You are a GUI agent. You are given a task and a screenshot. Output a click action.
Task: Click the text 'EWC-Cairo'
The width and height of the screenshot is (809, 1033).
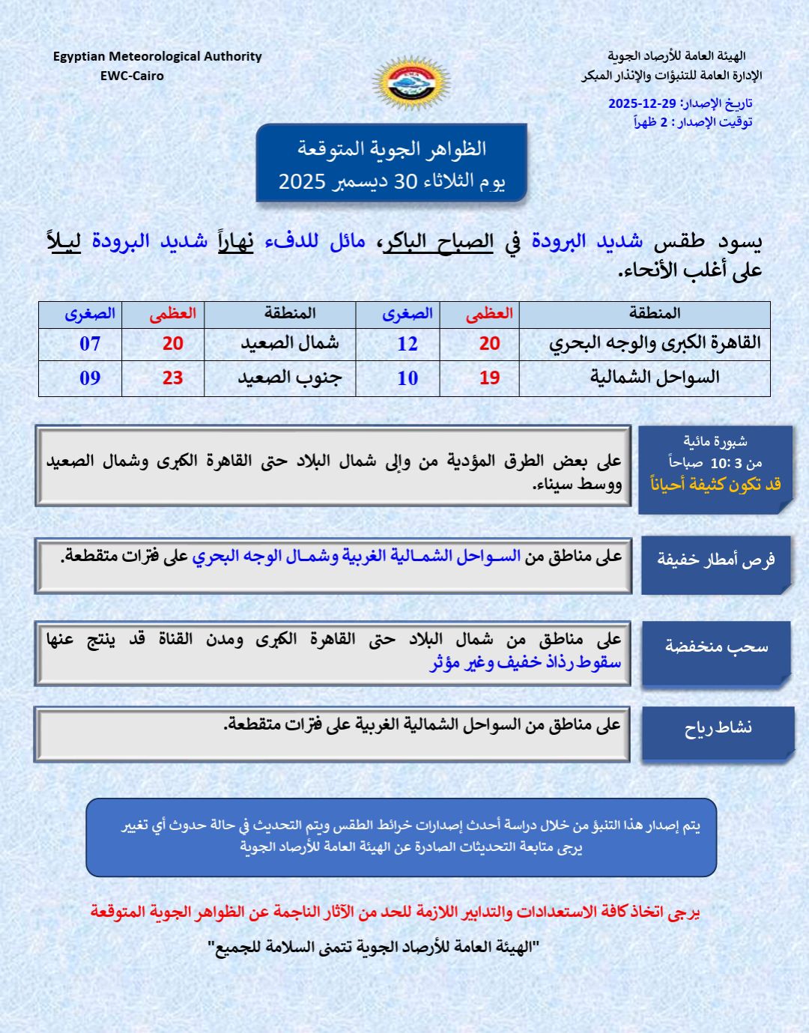pyautogui.click(x=132, y=76)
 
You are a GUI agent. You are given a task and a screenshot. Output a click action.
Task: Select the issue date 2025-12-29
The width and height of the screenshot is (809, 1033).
pyautogui.click(x=642, y=103)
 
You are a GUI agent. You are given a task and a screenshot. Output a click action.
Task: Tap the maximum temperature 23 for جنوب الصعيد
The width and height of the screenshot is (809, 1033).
pyautogui.click(x=172, y=378)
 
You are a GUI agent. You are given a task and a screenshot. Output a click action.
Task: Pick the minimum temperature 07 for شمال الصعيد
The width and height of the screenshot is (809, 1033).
pyautogui.click(x=90, y=344)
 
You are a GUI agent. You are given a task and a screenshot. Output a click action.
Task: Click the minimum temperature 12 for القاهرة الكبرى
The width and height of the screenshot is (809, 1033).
pyautogui.click(x=407, y=344)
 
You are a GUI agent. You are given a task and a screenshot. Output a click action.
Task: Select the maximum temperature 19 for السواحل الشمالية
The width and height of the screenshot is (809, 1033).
pyautogui.click(x=489, y=378)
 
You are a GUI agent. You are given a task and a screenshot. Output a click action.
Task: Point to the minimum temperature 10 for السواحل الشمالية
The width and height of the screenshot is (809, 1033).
pyautogui.click(x=407, y=378)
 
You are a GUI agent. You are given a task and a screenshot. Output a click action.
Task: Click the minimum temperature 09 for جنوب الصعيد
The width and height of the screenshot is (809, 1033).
pyautogui.click(x=90, y=378)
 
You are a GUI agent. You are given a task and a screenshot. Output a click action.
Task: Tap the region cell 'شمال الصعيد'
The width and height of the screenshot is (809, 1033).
pyautogui.click(x=289, y=343)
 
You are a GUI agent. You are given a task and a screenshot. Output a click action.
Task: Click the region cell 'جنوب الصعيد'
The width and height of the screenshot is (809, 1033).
pyautogui.click(x=289, y=378)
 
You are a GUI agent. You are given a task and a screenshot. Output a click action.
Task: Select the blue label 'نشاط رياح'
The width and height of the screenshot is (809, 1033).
pyautogui.click(x=718, y=728)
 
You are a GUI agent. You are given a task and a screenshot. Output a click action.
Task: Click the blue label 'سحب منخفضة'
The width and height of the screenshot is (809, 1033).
pyautogui.click(x=717, y=646)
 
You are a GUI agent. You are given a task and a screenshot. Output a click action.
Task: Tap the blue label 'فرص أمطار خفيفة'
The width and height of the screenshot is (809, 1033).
pyautogui.click(x=716, y=560)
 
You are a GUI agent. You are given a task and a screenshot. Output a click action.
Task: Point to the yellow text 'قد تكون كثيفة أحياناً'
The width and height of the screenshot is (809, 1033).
pyautogui.click(x=715, y=485)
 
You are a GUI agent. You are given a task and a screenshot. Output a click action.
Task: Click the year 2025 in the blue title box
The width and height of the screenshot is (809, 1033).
pyautogui.click(x=302, y=181)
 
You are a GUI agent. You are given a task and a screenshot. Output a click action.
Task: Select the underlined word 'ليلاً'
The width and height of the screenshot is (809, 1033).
pyautogui.click(x=64, y=241)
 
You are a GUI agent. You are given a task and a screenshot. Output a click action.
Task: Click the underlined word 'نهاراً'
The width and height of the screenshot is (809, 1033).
pyautogui.click(x=235, y=241)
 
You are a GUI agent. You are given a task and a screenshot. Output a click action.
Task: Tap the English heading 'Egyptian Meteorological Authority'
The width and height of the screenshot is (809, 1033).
pyautogui.click(x=157, y=56)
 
